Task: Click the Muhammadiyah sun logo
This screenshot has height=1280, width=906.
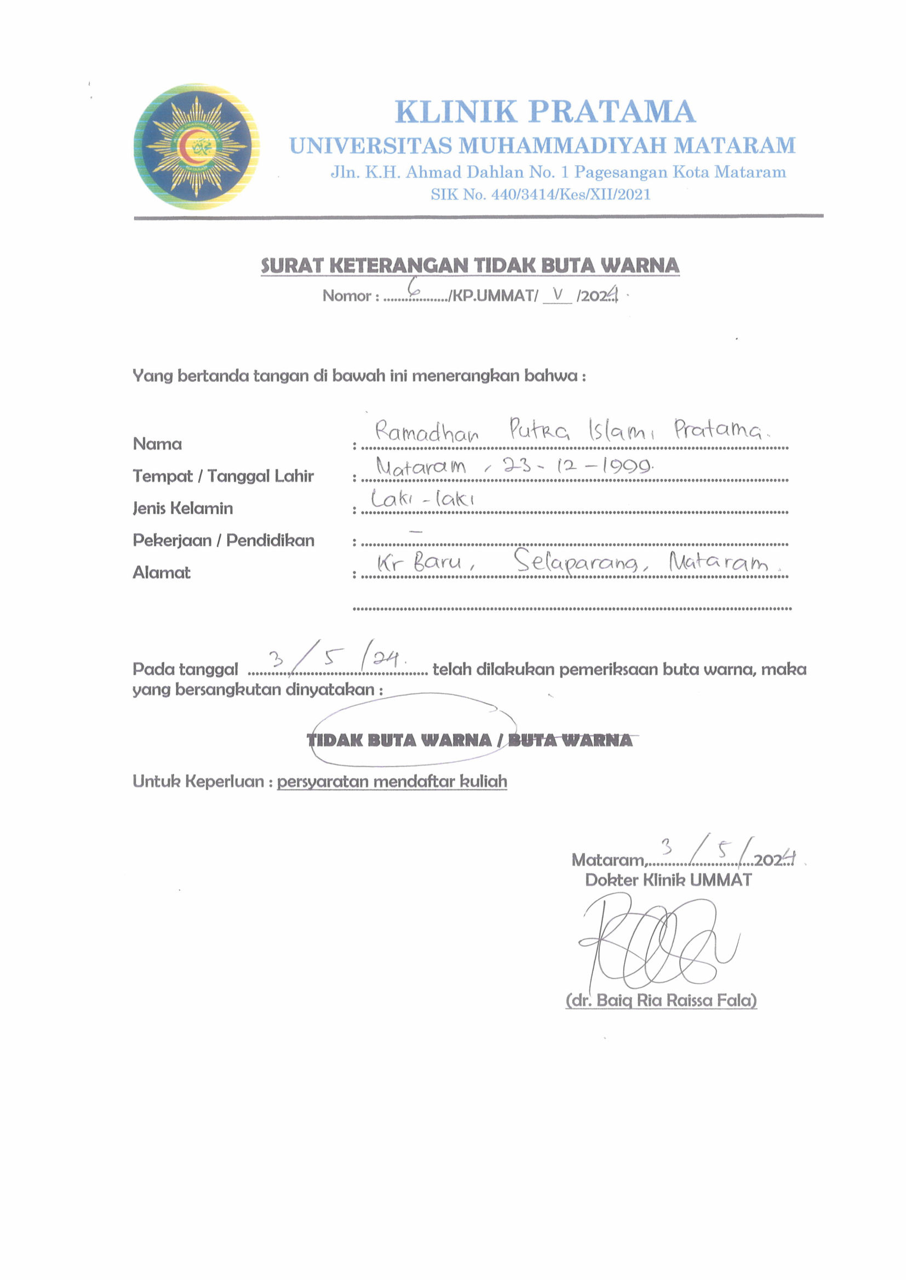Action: click(x=197, y=147)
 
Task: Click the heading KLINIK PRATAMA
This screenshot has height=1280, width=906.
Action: click(x=545, y=112)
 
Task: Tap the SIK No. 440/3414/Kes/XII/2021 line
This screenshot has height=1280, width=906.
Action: click(x=540, y=195)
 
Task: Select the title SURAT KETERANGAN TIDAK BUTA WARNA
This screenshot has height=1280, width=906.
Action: click(x=470, y=265)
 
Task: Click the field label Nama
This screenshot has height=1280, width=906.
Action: click(x=157, y=444)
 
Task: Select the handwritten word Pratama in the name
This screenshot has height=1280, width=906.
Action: click(x=719, y=429)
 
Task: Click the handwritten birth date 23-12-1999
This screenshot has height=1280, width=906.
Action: click(x=577, y=466)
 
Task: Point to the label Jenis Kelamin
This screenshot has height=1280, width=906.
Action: click(x=182, y=508)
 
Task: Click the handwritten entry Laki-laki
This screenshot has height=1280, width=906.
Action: click(x=422, y=498)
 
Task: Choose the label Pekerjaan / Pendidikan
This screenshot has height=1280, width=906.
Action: click(x=223, y=540)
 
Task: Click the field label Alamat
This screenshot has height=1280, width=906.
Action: click(x=161, y=572)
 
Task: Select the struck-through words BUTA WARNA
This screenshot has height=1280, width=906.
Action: click(x=570, y=740)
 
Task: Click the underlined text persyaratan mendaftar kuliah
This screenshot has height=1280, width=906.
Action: click(x=392, y=781)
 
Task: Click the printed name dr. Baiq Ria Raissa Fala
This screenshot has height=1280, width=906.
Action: click(x=661, y=1000)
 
